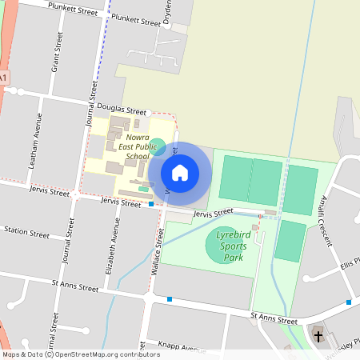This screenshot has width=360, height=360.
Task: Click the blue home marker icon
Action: click(180, 173)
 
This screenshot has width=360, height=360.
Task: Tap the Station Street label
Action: click(26, 232)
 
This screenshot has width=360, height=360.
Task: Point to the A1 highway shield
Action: click(4, 77)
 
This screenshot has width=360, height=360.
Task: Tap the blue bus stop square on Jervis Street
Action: click(151, 204)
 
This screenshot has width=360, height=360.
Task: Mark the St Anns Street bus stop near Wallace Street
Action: click(170, 299)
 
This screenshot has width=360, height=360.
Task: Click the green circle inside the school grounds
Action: click(158, 146)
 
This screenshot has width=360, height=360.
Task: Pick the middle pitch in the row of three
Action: click(266, 184)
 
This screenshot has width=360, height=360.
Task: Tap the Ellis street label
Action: click(348, 264)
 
